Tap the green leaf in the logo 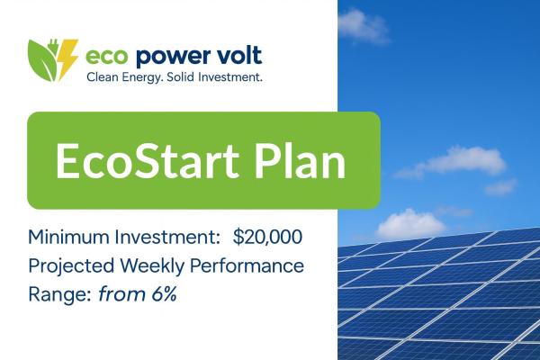(x=43, y=59)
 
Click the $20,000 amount (x=267, y=238)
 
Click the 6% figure (x=159, y=294)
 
